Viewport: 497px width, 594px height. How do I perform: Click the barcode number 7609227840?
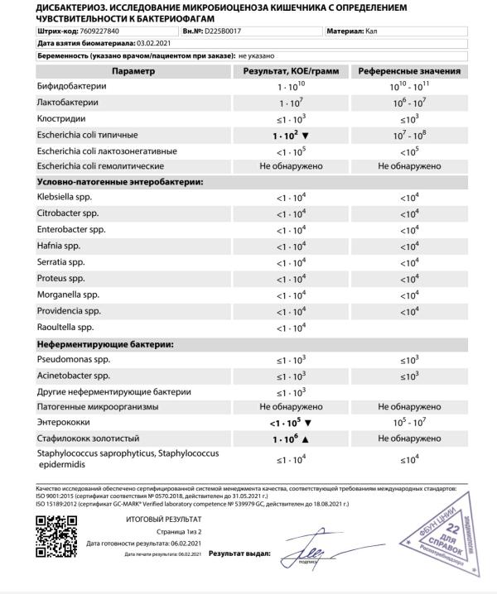[x=97, y=31]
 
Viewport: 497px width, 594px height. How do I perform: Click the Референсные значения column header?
[x=408, y=71]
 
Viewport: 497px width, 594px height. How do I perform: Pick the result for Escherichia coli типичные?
[x=292, y=134]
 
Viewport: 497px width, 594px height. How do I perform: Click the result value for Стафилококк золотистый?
[x=292, y=440]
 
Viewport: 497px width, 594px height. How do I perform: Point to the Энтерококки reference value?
[x=408, y=424]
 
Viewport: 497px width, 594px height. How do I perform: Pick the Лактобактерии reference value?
[x=408, y=103]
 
